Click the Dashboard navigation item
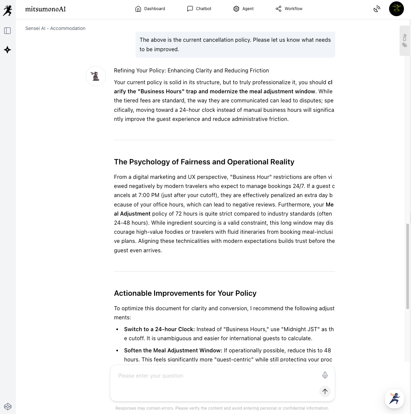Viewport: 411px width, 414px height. (x=150, y=9)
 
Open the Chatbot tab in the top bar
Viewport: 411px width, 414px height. (x=199, y=9)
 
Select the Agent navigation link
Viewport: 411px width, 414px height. (x=243, y=9)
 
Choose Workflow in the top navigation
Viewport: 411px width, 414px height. (x=289, y=9)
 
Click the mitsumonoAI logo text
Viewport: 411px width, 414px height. (x=46, y=9)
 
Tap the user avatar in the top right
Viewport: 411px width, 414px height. (x=396, y=9)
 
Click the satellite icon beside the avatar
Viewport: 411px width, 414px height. (x=377, y=9)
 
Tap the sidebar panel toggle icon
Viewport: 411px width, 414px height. (x=7, y=31)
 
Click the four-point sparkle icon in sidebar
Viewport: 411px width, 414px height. (x=7, y=50)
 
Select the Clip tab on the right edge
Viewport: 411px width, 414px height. (x=405, y=41)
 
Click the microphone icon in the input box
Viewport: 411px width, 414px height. (x=325, y=375)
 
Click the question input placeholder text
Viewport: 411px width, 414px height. (x=151, y=376)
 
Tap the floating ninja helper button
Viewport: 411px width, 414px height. (x=394, y=399)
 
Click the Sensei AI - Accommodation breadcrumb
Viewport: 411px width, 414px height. (x=55, y=28)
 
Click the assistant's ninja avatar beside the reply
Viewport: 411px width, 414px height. (x=96, y=76)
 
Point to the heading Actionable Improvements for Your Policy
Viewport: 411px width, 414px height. (x=185, y=293)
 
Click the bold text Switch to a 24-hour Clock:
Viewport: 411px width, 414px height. (x=159, y=329)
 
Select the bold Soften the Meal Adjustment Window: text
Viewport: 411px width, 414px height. (x=173, y=350)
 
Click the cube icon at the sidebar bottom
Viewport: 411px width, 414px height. (x=8, y=407)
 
